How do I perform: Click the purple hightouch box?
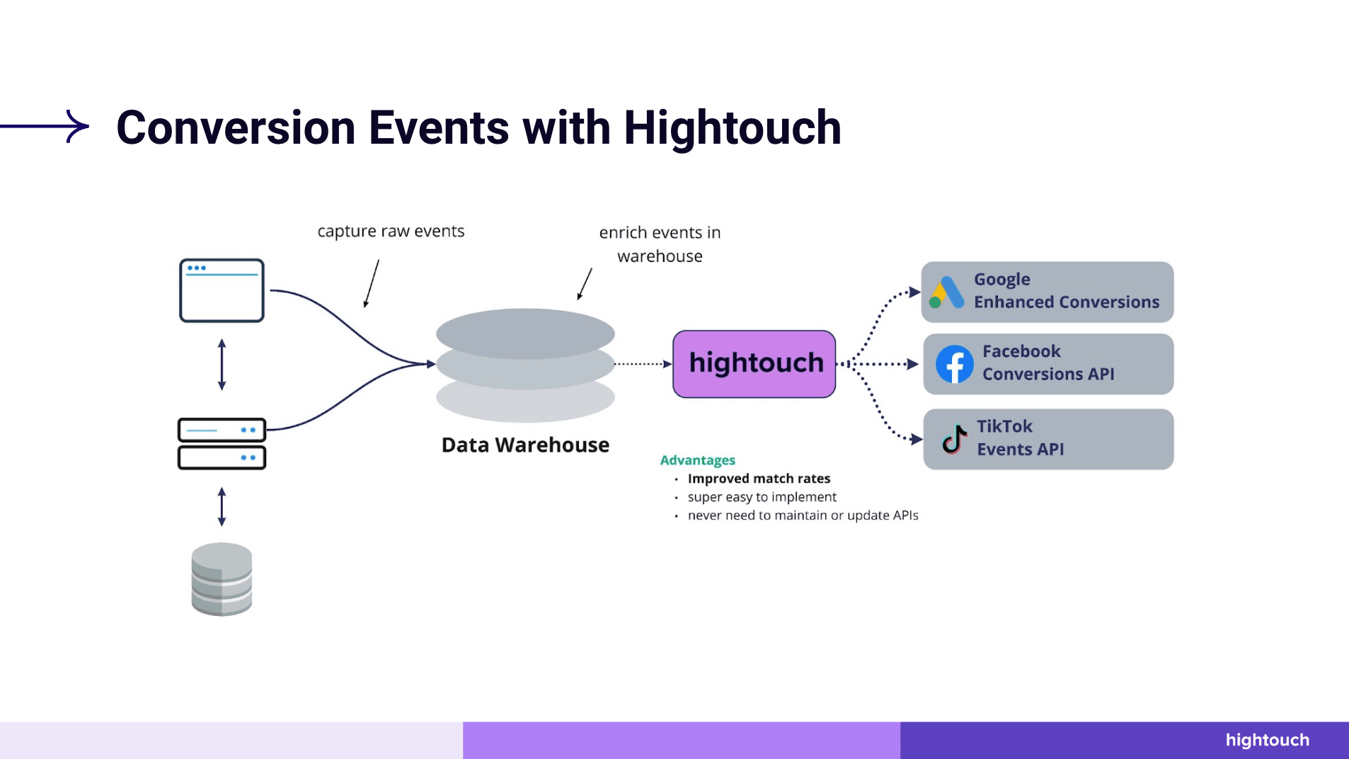[x=754, y=364]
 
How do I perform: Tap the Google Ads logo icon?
[x=946, y=292]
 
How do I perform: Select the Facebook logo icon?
[x=954, y=364]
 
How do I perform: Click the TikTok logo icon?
[x=954, y=439]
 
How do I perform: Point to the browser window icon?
[x=222, y=290]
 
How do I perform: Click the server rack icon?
[x=222, y=444]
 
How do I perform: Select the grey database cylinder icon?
[x=222, y=579]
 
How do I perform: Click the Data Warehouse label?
[x=525, y=445]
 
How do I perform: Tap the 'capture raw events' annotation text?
[x=391, y=232]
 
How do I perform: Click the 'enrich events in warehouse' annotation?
[x=660, y=244]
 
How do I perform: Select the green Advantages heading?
[x=697, y=460]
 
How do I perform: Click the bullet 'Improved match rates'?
[x=759, y=479]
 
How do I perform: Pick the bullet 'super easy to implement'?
[x=762, y=497]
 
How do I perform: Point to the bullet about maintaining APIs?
[x=803, y=515]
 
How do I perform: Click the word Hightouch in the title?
[x=732, y=128]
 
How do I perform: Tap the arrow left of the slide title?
[x=46, y=126]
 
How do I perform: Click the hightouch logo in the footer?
[x=1267, y=740]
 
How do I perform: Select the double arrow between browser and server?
[x=222, y=365]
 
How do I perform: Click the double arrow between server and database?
[x=222, y=506]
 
